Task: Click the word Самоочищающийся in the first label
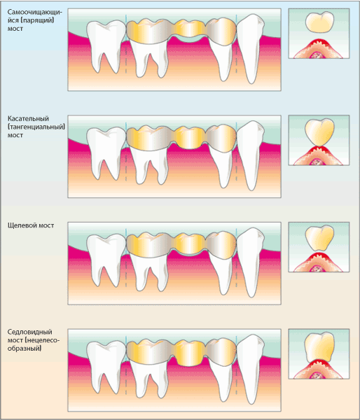coord(35,16)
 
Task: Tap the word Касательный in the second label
coord(28,118)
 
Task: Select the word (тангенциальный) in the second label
coord(36,127)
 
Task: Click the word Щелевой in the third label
coord(22,225)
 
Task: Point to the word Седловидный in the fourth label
coord(29,332)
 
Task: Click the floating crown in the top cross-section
coord(320,22)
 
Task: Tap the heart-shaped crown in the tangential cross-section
coord(319,132)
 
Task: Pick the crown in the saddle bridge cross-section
coord(319,347)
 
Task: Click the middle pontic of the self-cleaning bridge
coord(190,29)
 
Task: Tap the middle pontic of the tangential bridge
coord(189,137)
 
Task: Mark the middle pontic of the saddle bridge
coord(189,353)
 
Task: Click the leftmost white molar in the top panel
coord(106,45)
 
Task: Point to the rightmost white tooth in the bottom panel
coord(251,368)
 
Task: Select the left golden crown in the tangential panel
coord(150,138)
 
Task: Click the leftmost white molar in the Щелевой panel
coord(106,259)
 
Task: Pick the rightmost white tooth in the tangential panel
coord(251,155)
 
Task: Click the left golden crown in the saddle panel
coord(150,351)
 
